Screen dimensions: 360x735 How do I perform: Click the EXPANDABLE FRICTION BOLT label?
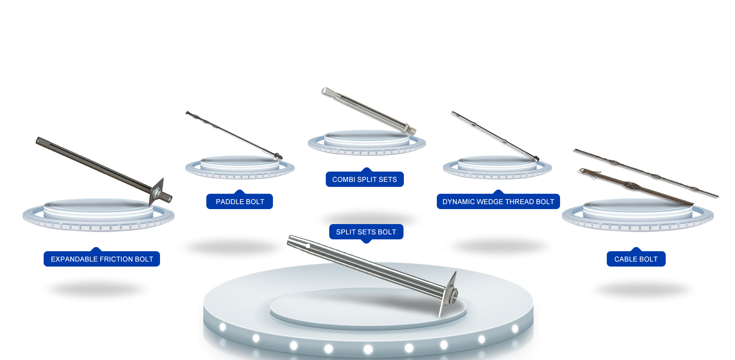[x=102, y=259]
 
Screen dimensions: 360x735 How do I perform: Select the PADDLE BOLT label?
[x=240, y=202]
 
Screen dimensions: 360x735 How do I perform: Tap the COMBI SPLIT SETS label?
[x=364, y=180]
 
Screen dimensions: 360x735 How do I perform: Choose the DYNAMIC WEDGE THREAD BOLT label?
[x=498, y=202]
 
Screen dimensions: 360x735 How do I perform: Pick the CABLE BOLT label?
[x=636, y=259]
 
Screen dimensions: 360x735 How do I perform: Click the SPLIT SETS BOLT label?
[x=366, y=232]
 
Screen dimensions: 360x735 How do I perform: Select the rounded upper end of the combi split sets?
[x=324, y=91]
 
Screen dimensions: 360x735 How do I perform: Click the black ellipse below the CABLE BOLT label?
[x=643, y=290]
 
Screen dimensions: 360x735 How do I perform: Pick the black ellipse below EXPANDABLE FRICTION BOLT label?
[x=96, y=290]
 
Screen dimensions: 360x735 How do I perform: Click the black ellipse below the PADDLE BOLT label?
[x=232, y=247]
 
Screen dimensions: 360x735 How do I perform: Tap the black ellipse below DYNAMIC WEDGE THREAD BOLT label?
[x=500, y=247]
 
